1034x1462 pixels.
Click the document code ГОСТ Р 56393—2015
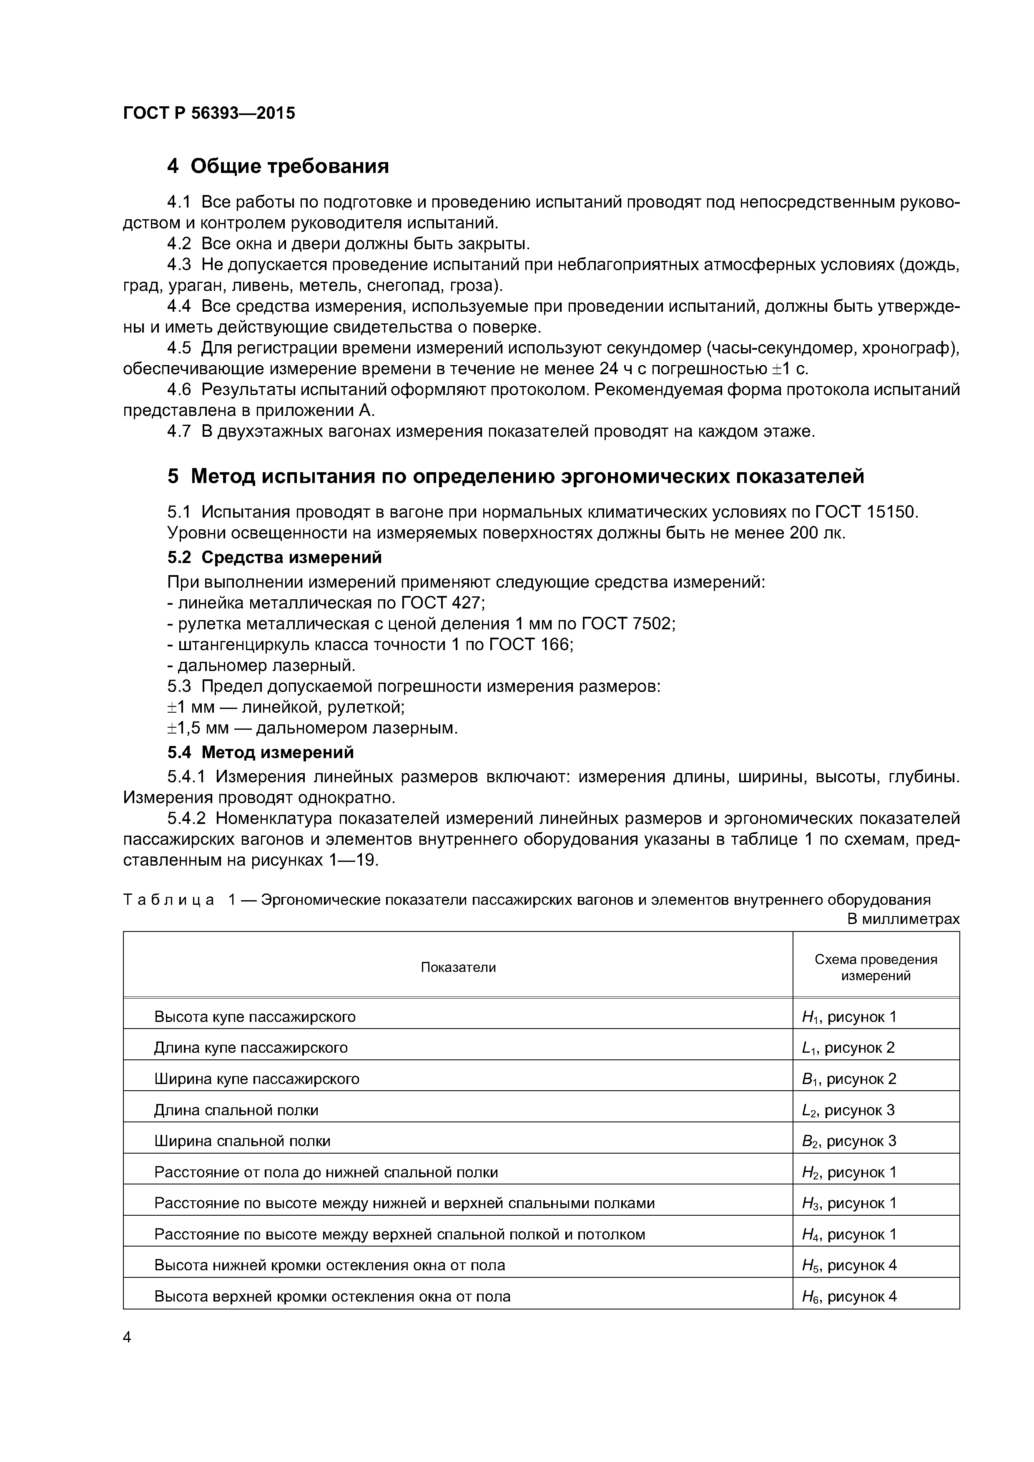pyautogui.click(x=209, y=113)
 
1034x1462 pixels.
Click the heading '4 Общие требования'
pyautogui.click(x=278, y=166)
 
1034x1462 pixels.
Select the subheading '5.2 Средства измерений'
pyautogui.click(x=275, y=557)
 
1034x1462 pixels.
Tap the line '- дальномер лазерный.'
pyautogui.click(x=261, y=666)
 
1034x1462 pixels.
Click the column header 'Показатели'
pyautogui.click(x=458, y=967)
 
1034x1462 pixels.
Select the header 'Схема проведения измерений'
pyautogui.click(x=876, y=967)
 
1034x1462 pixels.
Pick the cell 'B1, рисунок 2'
pyautogui.click(x=848, y=1079)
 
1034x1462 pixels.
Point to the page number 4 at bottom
pyautogui.click(x=127, y=1337)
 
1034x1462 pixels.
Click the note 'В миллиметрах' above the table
pyautogui.click(x=903, y=919)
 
